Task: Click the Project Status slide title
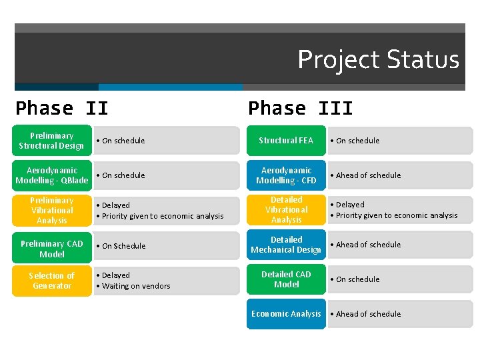coord(378,59)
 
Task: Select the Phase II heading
coord(62,108)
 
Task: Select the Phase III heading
coord(300,108)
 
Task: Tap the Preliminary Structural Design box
coord(52,141)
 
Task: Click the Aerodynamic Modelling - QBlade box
coord(52,175)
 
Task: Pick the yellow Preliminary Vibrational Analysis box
coord(52,211)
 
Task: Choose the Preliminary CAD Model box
coord(52,249)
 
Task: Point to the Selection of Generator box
coord(52,281)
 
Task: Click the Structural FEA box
coord(286,141)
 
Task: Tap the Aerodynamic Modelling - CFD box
coord(286,175)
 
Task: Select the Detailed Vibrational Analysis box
coord(286,210)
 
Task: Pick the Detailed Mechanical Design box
coord(286,245)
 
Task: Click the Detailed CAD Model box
coord(286,279)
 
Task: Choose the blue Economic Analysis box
coord(286,314)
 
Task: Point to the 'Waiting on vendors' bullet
coord(136,286)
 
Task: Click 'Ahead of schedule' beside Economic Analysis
coord(368,314)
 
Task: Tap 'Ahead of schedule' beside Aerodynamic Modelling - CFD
coord(368,175)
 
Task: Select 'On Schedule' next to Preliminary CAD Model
coord(123,246)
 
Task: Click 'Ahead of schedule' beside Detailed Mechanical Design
coord(368,245)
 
